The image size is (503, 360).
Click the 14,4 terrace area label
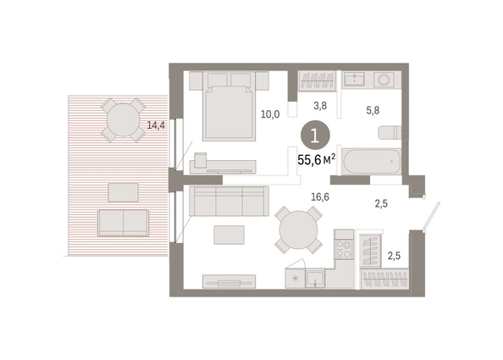pyautogui.click(x=156, y=125)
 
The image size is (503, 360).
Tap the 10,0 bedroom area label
pyautogui.click(x=270, y=114)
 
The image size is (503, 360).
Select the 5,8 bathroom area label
pyautogui.click(x=373, y=110)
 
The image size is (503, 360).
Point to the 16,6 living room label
pyautogui.click(x=320, y=197)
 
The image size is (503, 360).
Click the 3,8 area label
pyautogui.click(x=320, y=106)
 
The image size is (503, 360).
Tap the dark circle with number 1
pyautogui.click(x=315, y=136)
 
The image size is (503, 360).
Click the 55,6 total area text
pyautogui.click(x=317, y=159)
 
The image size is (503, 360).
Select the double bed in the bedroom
pyautogui.click(x=229, y=106)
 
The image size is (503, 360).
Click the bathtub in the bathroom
pyautogui.click(x=372, y=162)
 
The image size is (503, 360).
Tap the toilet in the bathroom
pyautogui.click(x=390, y=132)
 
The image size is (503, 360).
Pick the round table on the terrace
pyautogui.click(x=123, y=120)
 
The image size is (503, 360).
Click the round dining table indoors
pyautogui.click(x=298, y=230)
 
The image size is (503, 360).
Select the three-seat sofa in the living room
pyautogui.click(x=229, y=202)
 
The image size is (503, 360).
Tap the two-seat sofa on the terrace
pyautogui.click(x=123, y=223)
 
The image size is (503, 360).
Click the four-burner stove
pyautogui.click(x=344, y=249)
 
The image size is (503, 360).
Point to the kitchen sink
pyautogui.click(x=315, y=278)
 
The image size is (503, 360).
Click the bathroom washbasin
pyautogui.click(x=354, y=79)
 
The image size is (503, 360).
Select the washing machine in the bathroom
pyautogui.click(x=384, y=80)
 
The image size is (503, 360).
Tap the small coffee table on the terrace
pyautogui.click(x=123, y=192)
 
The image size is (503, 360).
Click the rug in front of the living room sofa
pyautogui.click(x=229, y=235)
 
